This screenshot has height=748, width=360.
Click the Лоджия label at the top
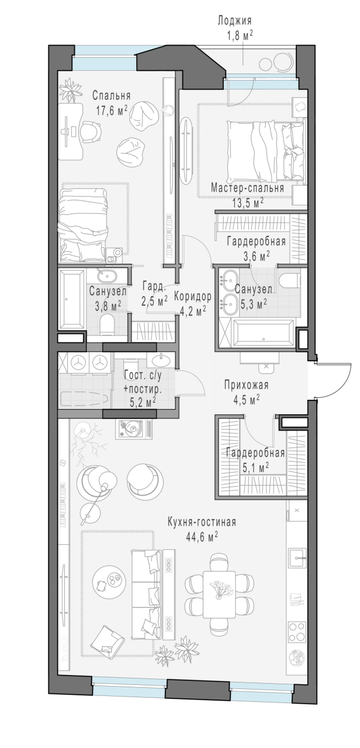coord(234,20)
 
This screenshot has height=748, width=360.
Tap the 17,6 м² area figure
coord(112,110)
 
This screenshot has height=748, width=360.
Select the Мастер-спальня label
coord(247,188)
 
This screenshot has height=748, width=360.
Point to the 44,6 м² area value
coord(202,537)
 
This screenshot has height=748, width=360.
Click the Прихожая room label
coord(246,385)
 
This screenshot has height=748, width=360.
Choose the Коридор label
coord(193,296)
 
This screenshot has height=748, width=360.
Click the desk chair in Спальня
coord(90,131)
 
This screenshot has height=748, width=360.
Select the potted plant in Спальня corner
coord(71,90)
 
